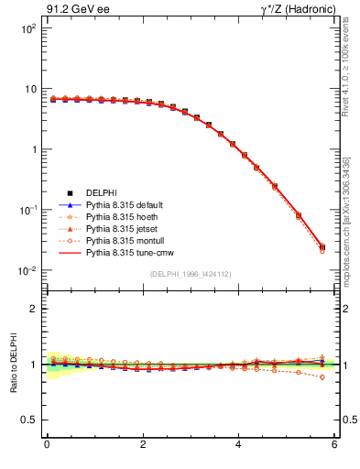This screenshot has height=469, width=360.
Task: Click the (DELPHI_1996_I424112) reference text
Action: pos(190,273)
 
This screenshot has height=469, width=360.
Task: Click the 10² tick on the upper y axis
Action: pos(27,28)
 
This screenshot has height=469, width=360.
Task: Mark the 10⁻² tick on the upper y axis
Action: pos(27,270)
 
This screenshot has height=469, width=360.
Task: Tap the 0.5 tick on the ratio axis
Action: pos(29,420)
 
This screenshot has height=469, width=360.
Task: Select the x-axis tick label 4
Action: pos(239,446)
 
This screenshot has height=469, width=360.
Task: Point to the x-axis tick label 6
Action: pos(335,446)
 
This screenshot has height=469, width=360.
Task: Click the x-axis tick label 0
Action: pos(47,446)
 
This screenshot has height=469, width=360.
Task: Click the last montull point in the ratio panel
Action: pos(322,376)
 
